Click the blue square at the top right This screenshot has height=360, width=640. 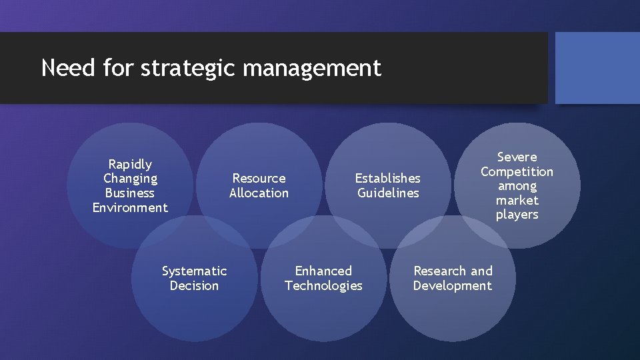click(x=597, y=68)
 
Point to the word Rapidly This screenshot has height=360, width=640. click(x=130, y=164)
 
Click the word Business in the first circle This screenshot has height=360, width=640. click(x=130, y=193)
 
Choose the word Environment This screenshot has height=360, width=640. click(x=130, y=208)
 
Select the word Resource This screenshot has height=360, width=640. click(x=259, y=179)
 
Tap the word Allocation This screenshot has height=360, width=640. click(x=259, y=193)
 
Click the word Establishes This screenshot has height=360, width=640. click(x=387, y=179)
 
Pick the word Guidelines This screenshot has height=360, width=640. click(x=388, y=193)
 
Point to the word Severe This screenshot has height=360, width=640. click(x=517, y=157)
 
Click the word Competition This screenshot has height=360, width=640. click(x=517, y=172)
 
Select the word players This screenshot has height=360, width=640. click(x=517, y=215)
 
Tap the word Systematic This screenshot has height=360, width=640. click(x=194, y=271)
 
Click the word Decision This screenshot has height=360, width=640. click(x=194, y=286)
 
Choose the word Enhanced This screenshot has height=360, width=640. click(x=323, y=271)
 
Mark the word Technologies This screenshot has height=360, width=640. click(x=323, y=286)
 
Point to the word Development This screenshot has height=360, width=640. click(x=452, y=286)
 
